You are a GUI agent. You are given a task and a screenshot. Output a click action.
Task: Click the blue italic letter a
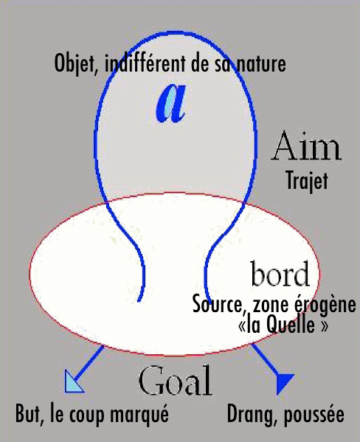tap(171, 104)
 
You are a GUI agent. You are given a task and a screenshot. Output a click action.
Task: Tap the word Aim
tap(307, 147)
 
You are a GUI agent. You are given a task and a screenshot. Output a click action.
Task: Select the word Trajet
tap(308, 181)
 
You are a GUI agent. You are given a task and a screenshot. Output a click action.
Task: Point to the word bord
tap(280, 273)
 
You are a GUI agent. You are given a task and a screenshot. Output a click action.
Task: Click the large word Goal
tap(176, 380)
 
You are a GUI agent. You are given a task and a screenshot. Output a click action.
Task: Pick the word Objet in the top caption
tap(76, 64)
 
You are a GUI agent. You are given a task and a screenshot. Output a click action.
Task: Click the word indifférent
tap(145, 63)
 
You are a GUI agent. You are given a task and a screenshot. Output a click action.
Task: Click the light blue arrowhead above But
tap(73, 383)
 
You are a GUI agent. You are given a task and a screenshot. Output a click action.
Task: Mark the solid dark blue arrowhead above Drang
tap(283, 383)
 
